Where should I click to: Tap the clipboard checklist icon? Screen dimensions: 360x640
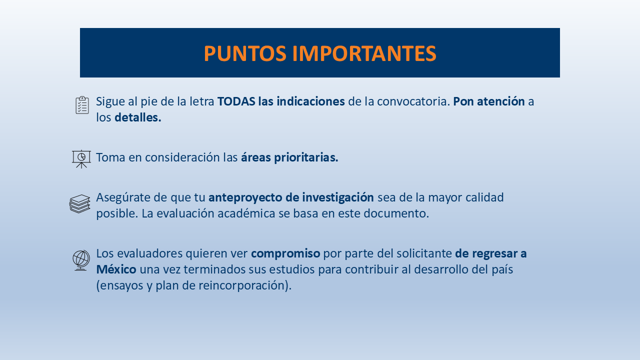82,105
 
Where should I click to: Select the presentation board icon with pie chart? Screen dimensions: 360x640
81,158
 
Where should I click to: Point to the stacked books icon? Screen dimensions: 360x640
80,204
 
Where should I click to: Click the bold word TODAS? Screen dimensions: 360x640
235,101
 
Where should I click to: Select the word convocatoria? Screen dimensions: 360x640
413,101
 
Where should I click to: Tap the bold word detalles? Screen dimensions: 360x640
137,117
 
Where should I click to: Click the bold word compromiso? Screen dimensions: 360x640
285,254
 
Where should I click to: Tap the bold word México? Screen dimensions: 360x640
116,270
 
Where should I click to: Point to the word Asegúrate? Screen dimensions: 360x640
122,197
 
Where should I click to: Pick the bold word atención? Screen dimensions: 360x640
500,101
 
